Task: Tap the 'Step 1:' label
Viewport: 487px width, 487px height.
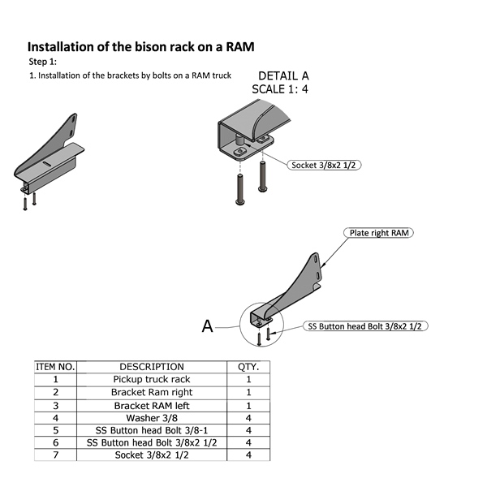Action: [x=43, y=62]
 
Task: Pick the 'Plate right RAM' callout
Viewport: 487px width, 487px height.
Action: [x=378, y=233]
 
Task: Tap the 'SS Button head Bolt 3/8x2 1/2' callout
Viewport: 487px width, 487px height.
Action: [x=366, y=326]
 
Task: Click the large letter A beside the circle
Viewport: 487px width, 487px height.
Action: [x=208, y=326]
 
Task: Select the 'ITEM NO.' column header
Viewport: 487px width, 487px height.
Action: [x=55, y=367]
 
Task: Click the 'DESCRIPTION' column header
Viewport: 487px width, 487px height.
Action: [x=151, y=367]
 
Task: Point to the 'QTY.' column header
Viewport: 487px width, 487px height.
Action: [x=248, y=367]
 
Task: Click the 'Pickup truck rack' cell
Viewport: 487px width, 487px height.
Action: [x=151, y=379]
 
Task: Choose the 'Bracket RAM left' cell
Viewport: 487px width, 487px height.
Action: [x=151, y=405]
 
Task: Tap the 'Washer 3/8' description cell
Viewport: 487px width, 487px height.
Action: [x=151, y=417]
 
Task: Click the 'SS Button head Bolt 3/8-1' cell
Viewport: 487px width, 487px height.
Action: [x=151, y=430]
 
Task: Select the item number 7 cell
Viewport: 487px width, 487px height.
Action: [x=55, y=455]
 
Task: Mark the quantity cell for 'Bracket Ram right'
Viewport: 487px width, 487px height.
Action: [x=248, y=392]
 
